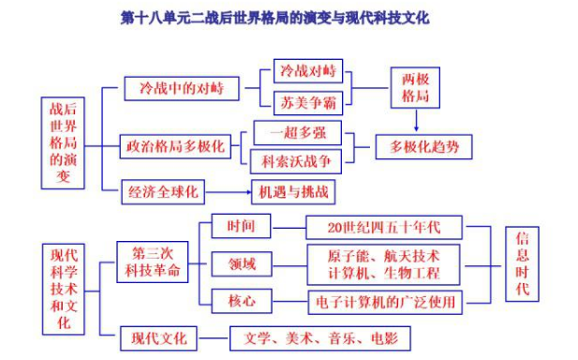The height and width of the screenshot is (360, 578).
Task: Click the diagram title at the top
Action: [289, 17]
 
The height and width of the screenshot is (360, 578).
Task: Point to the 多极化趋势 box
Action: [424, 147]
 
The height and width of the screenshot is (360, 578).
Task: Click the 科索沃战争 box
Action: [295, 161]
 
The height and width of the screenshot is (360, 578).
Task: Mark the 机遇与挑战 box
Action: [292, 193]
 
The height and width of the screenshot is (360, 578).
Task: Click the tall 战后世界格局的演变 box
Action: [63, 142]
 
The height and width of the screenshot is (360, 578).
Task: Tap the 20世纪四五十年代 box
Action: [385, 226]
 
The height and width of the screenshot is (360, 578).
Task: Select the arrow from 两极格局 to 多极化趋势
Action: [415, 119]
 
